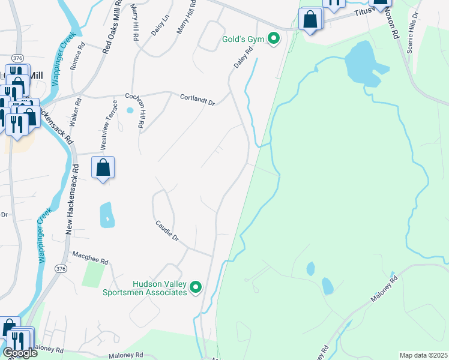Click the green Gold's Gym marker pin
(x=274, y=40)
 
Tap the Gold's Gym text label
(x=243, y=40)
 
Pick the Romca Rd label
(x=77, y=56)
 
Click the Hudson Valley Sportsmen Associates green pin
(x=196, y=289)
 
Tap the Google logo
(x=20, y=353)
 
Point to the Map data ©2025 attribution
(x=424, y=355)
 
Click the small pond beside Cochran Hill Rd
(x=130, y=110)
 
